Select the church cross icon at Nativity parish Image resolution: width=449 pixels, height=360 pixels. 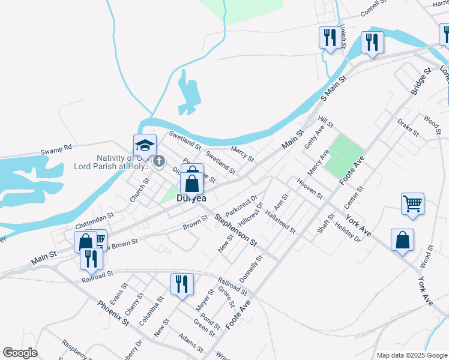(159, 161)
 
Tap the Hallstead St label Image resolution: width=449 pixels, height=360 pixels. (280, 222)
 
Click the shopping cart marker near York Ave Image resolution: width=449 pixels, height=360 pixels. (412, 203)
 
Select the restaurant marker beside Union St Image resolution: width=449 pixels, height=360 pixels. (329, 38)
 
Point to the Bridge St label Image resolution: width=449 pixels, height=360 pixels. (421, 80)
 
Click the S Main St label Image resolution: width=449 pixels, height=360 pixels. (334, 88)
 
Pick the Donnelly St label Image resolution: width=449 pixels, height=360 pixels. (251, 270)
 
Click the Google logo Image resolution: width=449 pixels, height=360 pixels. (20, 353)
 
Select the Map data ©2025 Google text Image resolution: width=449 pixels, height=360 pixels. (411, 355)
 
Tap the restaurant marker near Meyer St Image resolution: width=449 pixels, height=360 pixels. (181, 284)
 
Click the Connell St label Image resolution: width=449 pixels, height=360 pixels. (375, 8)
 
